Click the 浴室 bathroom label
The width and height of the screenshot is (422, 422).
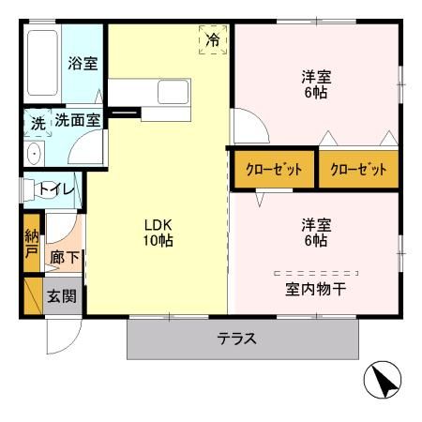point(83,65)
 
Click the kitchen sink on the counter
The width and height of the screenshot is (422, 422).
point(174,92)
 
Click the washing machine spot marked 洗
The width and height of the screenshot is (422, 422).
point(37,122)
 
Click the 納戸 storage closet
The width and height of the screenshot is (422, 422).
point(31,244)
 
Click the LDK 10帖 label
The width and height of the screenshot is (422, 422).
point(158,232)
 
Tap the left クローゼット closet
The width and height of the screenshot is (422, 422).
point(274,170)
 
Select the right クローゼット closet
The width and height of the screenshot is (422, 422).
point(359,170)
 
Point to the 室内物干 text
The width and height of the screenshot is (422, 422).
point(316,289)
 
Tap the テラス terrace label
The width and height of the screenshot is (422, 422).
point(237,339)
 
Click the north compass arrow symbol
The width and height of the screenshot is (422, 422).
point(383,380)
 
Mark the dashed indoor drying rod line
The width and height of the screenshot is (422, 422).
point(316,272)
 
